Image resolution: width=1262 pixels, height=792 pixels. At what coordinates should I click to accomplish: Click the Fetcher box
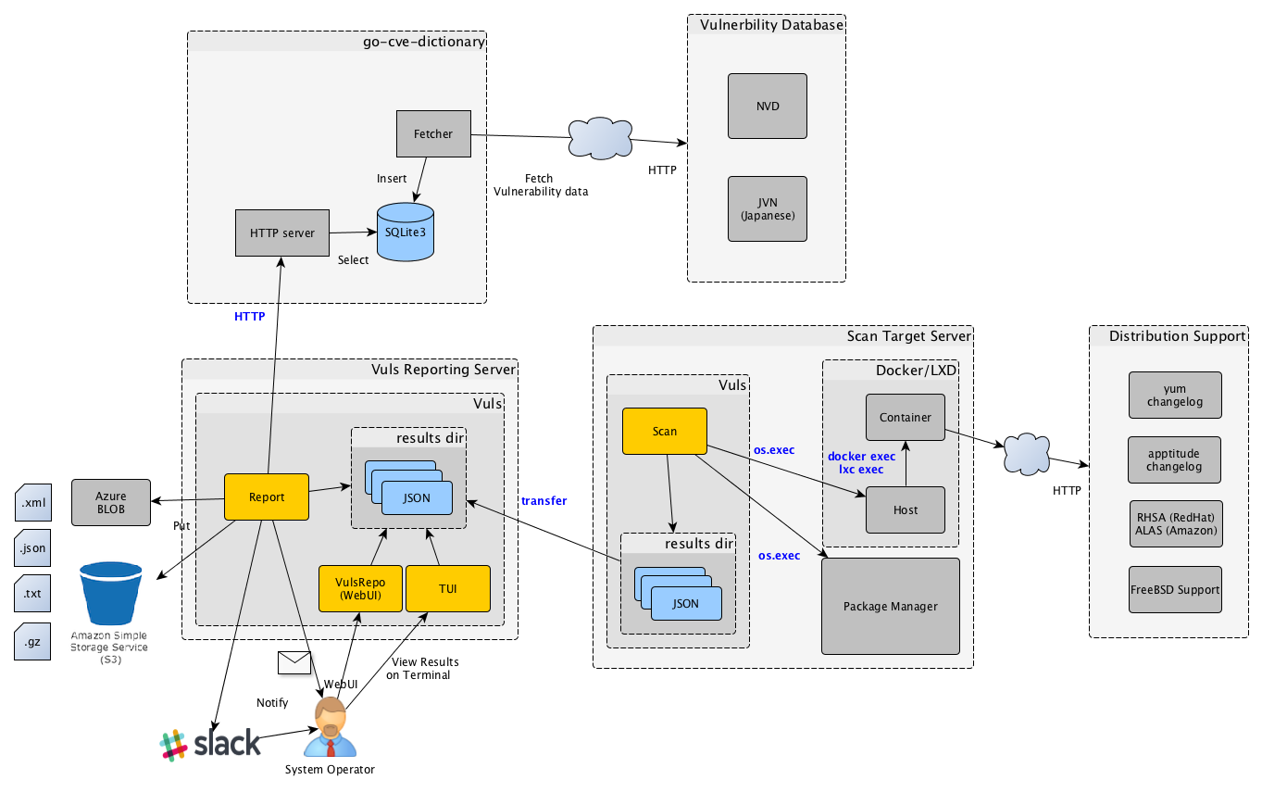click(433, 133)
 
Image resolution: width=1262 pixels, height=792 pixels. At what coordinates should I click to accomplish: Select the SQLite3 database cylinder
click(406, 232)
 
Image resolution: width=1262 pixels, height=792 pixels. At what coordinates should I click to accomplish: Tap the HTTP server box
click(281, 233)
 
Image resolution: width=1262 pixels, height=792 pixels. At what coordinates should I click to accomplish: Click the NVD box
click(767, 106)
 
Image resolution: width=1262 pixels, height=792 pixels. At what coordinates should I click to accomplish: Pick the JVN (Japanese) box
click(767, 209)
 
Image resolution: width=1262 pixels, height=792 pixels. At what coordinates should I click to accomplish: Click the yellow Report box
click(267, 497)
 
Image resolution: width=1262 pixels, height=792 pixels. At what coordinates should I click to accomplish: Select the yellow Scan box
click(665, 431)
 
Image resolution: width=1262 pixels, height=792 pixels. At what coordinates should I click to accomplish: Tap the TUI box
click(447, 588)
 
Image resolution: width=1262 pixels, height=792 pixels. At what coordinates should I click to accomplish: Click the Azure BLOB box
click(110, 502)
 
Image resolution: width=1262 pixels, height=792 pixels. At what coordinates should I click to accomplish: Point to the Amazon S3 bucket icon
click(109, 593)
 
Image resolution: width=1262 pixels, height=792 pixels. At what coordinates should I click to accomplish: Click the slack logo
click(210, 744)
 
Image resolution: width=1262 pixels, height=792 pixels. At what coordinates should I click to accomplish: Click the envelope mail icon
click(294, 661)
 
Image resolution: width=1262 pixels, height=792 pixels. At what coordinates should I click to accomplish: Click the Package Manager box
click(890, 606)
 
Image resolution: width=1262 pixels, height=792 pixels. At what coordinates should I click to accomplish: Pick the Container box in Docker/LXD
click(905, 417)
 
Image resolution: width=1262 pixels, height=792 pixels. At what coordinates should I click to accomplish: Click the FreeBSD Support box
click(1175, 589)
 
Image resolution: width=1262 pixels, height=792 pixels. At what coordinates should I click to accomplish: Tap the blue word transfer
click(544, 501)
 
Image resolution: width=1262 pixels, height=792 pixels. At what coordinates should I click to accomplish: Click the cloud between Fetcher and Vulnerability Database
click(601, 138)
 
